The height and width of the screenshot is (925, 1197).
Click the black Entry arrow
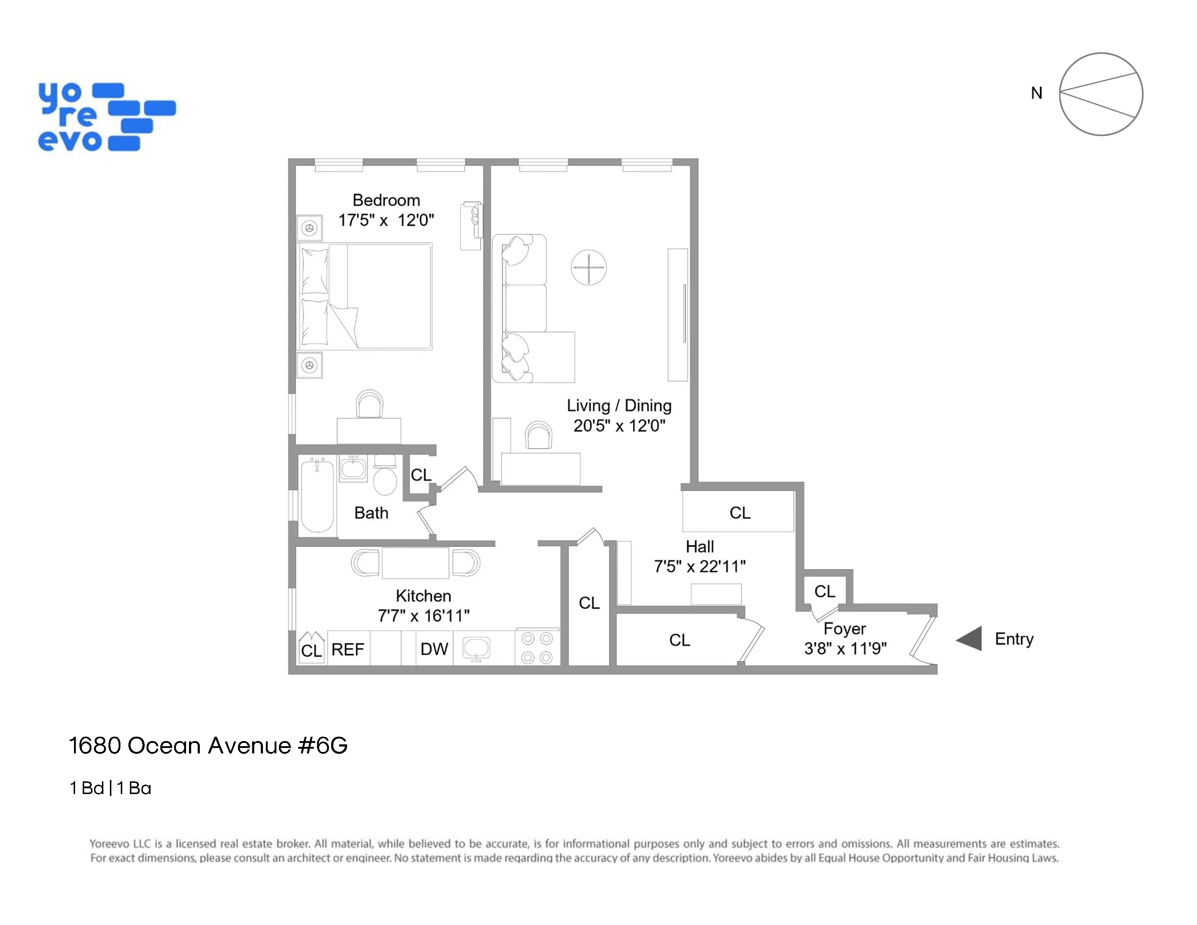(x=969, y=638)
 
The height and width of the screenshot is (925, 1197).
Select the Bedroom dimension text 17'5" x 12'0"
(x=386, y=220)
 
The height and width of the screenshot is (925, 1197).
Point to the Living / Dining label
(x=619, y=406)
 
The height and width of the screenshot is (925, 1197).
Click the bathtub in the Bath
(x=317, y=496)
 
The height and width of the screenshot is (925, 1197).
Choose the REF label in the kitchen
(x=347, y=649)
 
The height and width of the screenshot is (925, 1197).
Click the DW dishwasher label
(x=434, y=649)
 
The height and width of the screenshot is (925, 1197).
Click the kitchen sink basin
(x=476, y=648)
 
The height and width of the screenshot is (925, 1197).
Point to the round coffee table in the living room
(x=589, y=267)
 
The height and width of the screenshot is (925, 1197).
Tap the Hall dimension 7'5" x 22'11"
(x=699, y=566)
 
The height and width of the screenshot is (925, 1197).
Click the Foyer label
(x=844, y=629)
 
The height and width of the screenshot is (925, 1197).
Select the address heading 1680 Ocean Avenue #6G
(x=208, y=746)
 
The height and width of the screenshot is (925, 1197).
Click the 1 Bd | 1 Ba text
(x=110, y=788)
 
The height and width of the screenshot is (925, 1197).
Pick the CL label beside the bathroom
(x=421, y=474)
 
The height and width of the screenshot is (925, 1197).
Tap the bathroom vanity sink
(x=353, y=469)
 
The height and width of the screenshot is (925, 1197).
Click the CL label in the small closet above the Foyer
(x=824, y=591)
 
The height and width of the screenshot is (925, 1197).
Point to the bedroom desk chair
(x=369, y=404)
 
